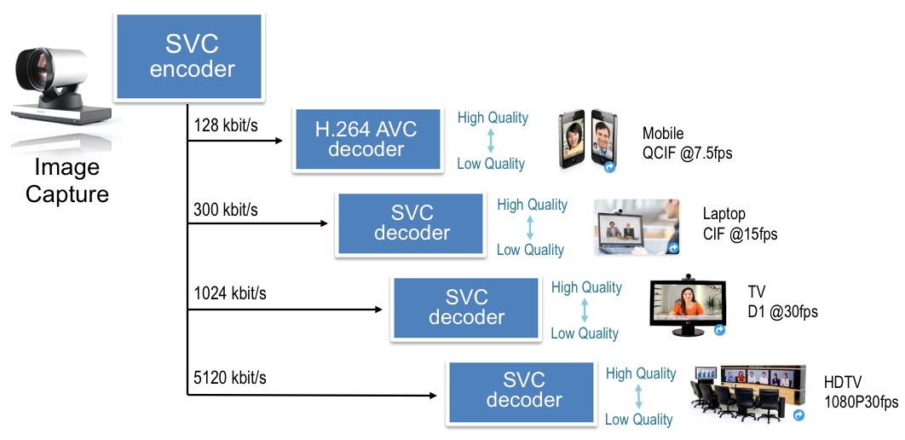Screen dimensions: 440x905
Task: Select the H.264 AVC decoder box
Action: pyautogui.click(x=367, y=140)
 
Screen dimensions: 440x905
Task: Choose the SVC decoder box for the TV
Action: pyautogui.click(x=466, y=307)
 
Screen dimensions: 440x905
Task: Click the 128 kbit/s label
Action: pyautogui.click(x=225, y=125)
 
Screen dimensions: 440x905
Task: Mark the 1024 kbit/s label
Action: pyautogui.click(x=230, y=293)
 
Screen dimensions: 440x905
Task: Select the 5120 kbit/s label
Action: pyautogui.click(x=230, y=377)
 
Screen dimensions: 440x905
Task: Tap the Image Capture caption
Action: pyautogui.click(x=67, y=181)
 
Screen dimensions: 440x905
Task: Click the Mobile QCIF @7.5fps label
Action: pyautogui.click(x=687, y=143)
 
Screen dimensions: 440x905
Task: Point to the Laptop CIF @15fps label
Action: pyautogui.click(x=740, y=223)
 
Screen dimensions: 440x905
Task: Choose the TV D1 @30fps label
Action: pyautogui.click(x=782, y=303)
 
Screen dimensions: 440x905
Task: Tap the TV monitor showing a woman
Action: pyautogui.click(x=687, y=304)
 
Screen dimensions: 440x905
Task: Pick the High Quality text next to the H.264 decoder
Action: pyautogui.click(x=493, y=118)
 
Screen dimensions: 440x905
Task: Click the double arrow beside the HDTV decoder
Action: pyautogui.click(x=639, y=397)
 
